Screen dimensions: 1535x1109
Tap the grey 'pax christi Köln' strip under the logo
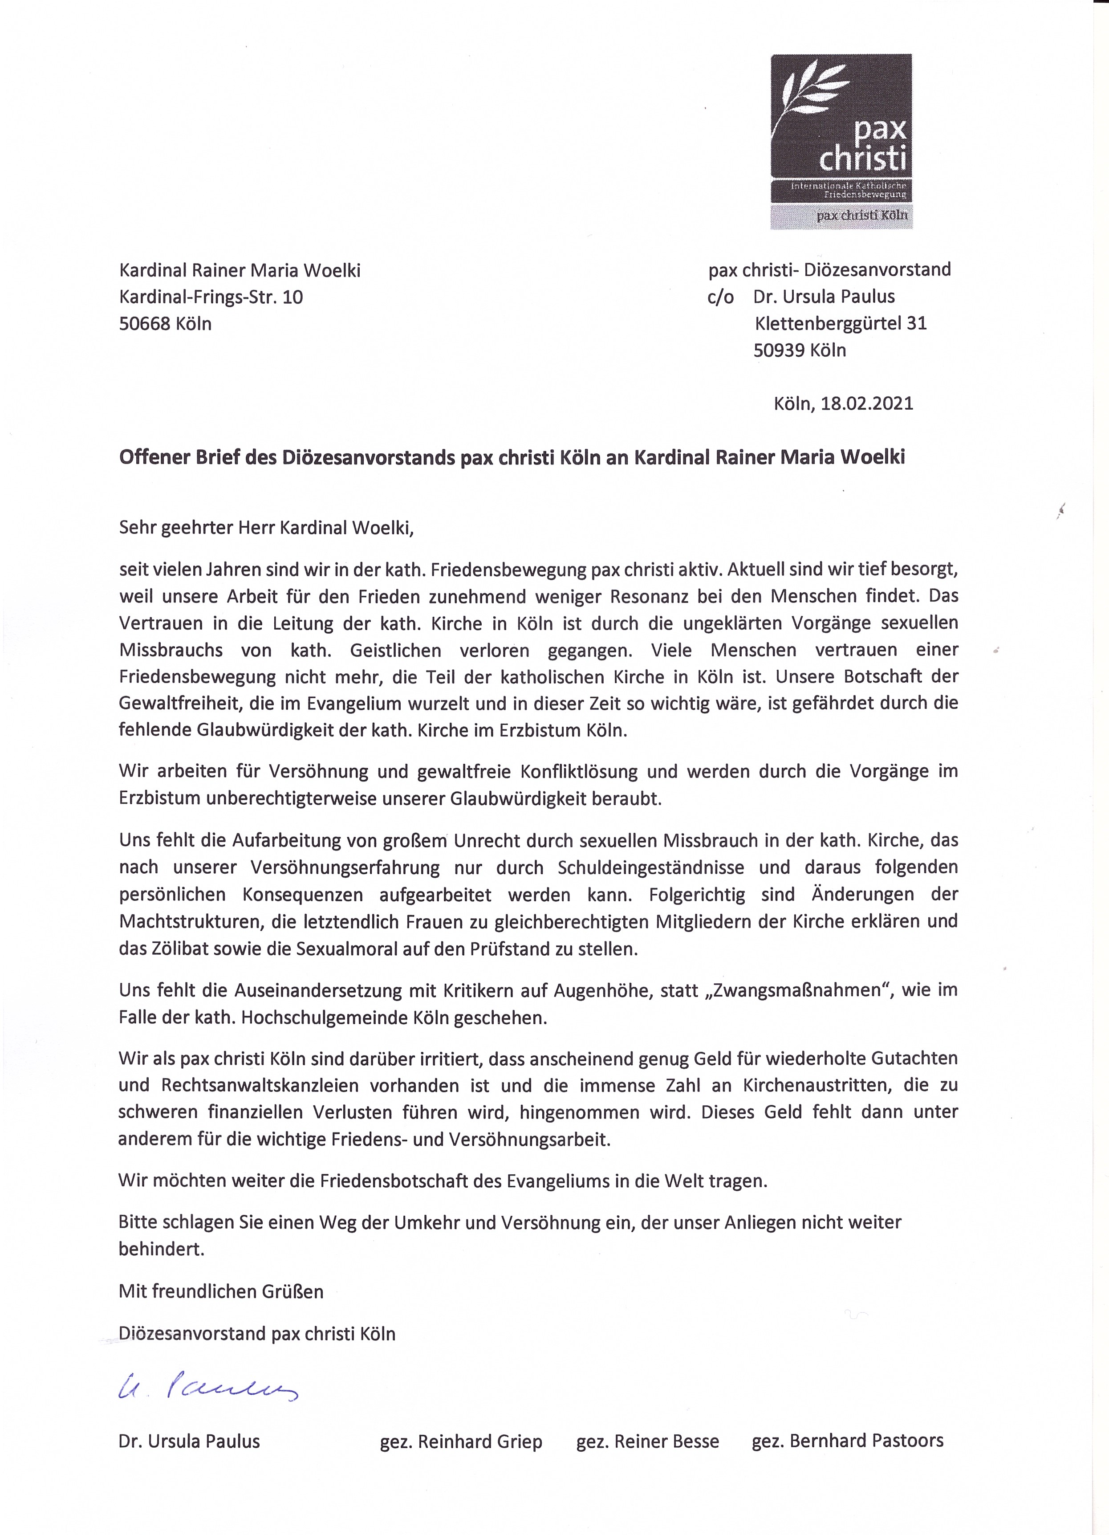[841, 215]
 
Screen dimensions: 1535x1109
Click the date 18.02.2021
[867, 404]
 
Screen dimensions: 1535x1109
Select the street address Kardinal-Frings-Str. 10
[211, 297]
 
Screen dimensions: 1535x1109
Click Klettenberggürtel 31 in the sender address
[841, 323]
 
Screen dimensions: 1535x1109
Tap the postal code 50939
[779, 350]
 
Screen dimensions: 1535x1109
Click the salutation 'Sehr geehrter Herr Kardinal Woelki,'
[266, 527]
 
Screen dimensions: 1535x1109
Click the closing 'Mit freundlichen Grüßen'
[220, 1291]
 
